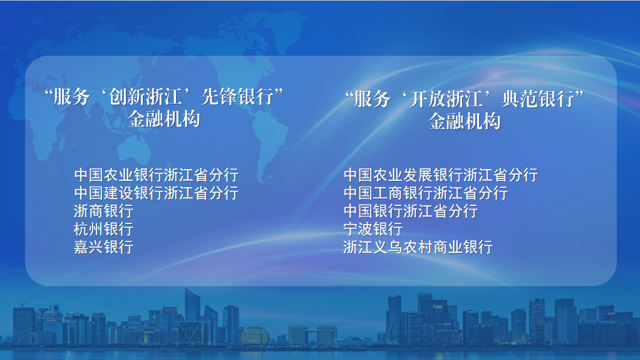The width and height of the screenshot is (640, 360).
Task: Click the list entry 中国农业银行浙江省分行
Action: [x=157, y=175]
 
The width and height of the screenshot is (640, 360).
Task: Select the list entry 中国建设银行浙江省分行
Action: [x=157, y=193]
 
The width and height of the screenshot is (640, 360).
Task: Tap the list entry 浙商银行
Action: [x=104, y=211]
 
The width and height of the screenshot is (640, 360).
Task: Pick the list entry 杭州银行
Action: [x=104, y=229]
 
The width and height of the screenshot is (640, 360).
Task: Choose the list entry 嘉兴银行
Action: [x=104, y=247]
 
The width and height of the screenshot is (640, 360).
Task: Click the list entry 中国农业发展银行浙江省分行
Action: [x=441, y=175]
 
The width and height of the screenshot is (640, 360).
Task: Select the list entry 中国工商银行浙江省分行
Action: [x=426, y=193]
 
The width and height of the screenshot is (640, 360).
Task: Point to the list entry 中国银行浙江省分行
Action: [x=411, y=211]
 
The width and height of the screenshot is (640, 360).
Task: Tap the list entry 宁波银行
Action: [x=373, y=229]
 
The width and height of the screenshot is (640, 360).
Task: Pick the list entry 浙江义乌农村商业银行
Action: [x=418, y=247]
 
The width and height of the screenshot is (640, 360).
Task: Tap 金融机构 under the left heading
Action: [x=164, y=119]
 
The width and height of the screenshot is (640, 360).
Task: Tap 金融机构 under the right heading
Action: [x=465, y=121]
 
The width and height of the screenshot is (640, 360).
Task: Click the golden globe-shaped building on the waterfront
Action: [x=255, y=336]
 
